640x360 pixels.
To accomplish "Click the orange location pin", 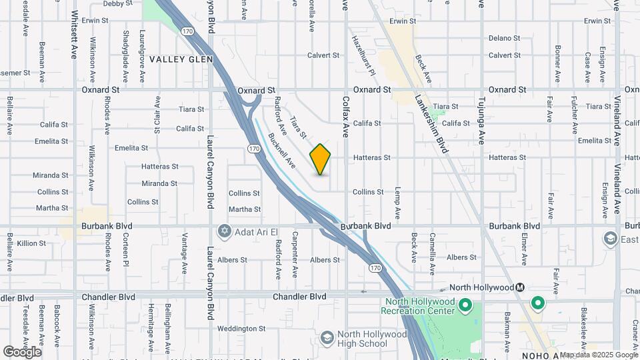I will pyautogui.click(x=320, y=159).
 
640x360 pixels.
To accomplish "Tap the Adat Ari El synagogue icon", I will pyautogui.click(x=224, y=231).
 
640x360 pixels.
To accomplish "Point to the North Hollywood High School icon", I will pyautogui.click(x=327, y=339).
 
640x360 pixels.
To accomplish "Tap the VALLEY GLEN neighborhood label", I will pyautogui.click(x=181, y=59).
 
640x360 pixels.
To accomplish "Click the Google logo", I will pyautogui.click(x=22, y=352).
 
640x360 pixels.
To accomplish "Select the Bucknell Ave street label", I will pyautogui.click(x=281, y=149).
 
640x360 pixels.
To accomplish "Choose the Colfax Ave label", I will pyautogui.click(x=346, y=114).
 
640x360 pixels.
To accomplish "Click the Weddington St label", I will pyautogui.click(x=241, y=329).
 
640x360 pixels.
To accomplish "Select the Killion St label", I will pyautogui.click(x=32, y=243).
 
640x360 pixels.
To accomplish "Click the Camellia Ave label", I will pyautogui.click(x=433, y=249).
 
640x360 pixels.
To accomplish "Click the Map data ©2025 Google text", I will pyautogui.click(x=599, y=355).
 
